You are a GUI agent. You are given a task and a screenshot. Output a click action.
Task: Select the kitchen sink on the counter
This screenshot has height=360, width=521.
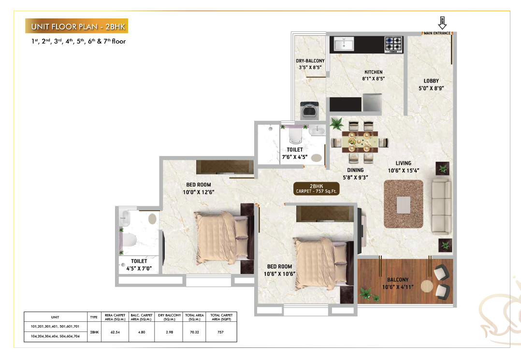pyautogui.click(x=347, y=44)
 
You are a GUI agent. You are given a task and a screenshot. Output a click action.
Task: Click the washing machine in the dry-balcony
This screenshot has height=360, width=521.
pyautogui.click(x=308, y=110)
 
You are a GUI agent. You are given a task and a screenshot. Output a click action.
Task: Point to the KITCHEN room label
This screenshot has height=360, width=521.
pyautogui.click(x=373, y=72)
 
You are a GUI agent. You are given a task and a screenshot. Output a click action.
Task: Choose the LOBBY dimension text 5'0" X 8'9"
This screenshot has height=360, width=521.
pyautogui.click(x=431, y=88)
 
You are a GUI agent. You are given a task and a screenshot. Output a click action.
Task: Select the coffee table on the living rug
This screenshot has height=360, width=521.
pyautogui.click(x=403, y=204)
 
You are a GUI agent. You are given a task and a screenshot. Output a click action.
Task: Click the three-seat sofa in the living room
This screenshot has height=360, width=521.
pyautogui.click(x=440, y=205)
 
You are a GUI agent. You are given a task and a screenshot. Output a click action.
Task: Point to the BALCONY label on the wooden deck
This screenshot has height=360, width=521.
pyautogui.click(x=398, y=280)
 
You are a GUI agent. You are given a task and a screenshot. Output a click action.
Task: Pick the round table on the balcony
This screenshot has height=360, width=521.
pyautogui.click(x=427, y=285)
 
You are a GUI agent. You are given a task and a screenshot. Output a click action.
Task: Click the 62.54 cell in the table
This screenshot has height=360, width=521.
pyautogui.click(x=115, y=332)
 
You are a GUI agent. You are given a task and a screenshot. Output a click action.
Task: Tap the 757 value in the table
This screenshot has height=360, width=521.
pyautogui.click(x=221, y=332)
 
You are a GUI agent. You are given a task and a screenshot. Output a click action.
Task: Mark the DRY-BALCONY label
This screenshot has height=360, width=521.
pyautogui.click(x=310, y=61)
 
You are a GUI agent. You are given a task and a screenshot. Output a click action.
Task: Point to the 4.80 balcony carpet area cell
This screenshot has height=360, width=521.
pyautogui.click(x=142, y=332)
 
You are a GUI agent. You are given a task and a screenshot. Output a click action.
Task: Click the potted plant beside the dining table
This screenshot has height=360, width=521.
pyautogui.click(x=337, y=124)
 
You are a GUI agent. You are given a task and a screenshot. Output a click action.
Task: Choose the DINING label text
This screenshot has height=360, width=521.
pyautogui.click(x=355, y=170)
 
